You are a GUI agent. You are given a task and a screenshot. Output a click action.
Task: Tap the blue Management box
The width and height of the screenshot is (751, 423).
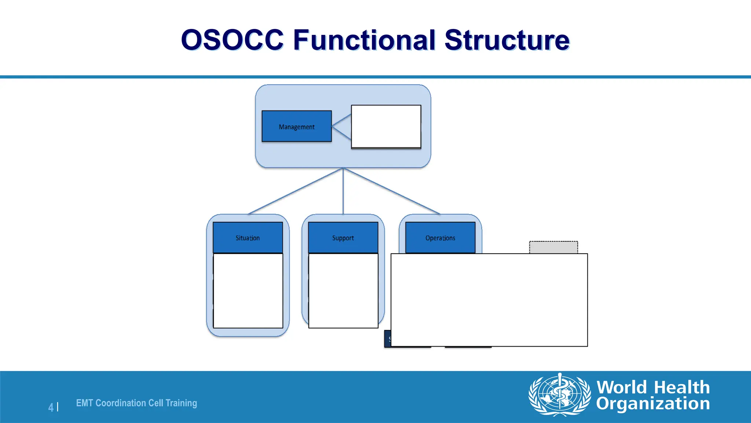click(x=296, y=126)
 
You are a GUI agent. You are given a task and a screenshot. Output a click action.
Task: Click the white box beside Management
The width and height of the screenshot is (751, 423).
click(x=386, y=126)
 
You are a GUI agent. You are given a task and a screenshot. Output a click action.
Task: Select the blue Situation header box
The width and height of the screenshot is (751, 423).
click(x=248, y=238)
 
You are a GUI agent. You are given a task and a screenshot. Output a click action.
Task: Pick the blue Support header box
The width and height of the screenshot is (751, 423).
click(x=343, y=238)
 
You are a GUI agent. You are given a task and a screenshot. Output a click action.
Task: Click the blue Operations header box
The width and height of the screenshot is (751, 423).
click(x=440, y=238)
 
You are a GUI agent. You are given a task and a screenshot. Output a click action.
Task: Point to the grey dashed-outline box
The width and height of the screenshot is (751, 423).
click(x=553, y=247)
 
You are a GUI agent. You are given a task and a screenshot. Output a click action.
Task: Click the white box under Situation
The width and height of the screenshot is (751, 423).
click(x=248, y=290)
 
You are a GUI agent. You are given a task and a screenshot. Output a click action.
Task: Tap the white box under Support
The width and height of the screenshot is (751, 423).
click(x=343, y=290)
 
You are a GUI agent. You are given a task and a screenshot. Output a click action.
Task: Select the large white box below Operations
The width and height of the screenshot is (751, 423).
click(x=489, y=300)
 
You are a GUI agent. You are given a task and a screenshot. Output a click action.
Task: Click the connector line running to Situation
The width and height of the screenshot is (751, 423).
click(x=296, y=191)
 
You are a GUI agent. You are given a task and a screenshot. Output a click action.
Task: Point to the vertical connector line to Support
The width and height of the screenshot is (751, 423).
click(x=343, y=191)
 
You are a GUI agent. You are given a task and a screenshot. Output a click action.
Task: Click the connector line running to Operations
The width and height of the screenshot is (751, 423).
click(x=392, y=191)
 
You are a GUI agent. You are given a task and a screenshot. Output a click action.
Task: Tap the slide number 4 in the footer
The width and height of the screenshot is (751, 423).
click(x=51, y=407)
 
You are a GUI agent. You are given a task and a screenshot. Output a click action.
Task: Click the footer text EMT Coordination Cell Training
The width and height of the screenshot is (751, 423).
click(x=136, y=403)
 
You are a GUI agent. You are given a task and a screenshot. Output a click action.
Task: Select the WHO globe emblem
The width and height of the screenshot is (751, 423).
click(x=559, y=395)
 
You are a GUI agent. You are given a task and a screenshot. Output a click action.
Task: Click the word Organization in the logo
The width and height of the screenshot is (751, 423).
click(x=653, y=403)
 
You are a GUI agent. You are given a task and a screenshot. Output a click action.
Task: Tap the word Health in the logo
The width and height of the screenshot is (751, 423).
click(x=682, y=387)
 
